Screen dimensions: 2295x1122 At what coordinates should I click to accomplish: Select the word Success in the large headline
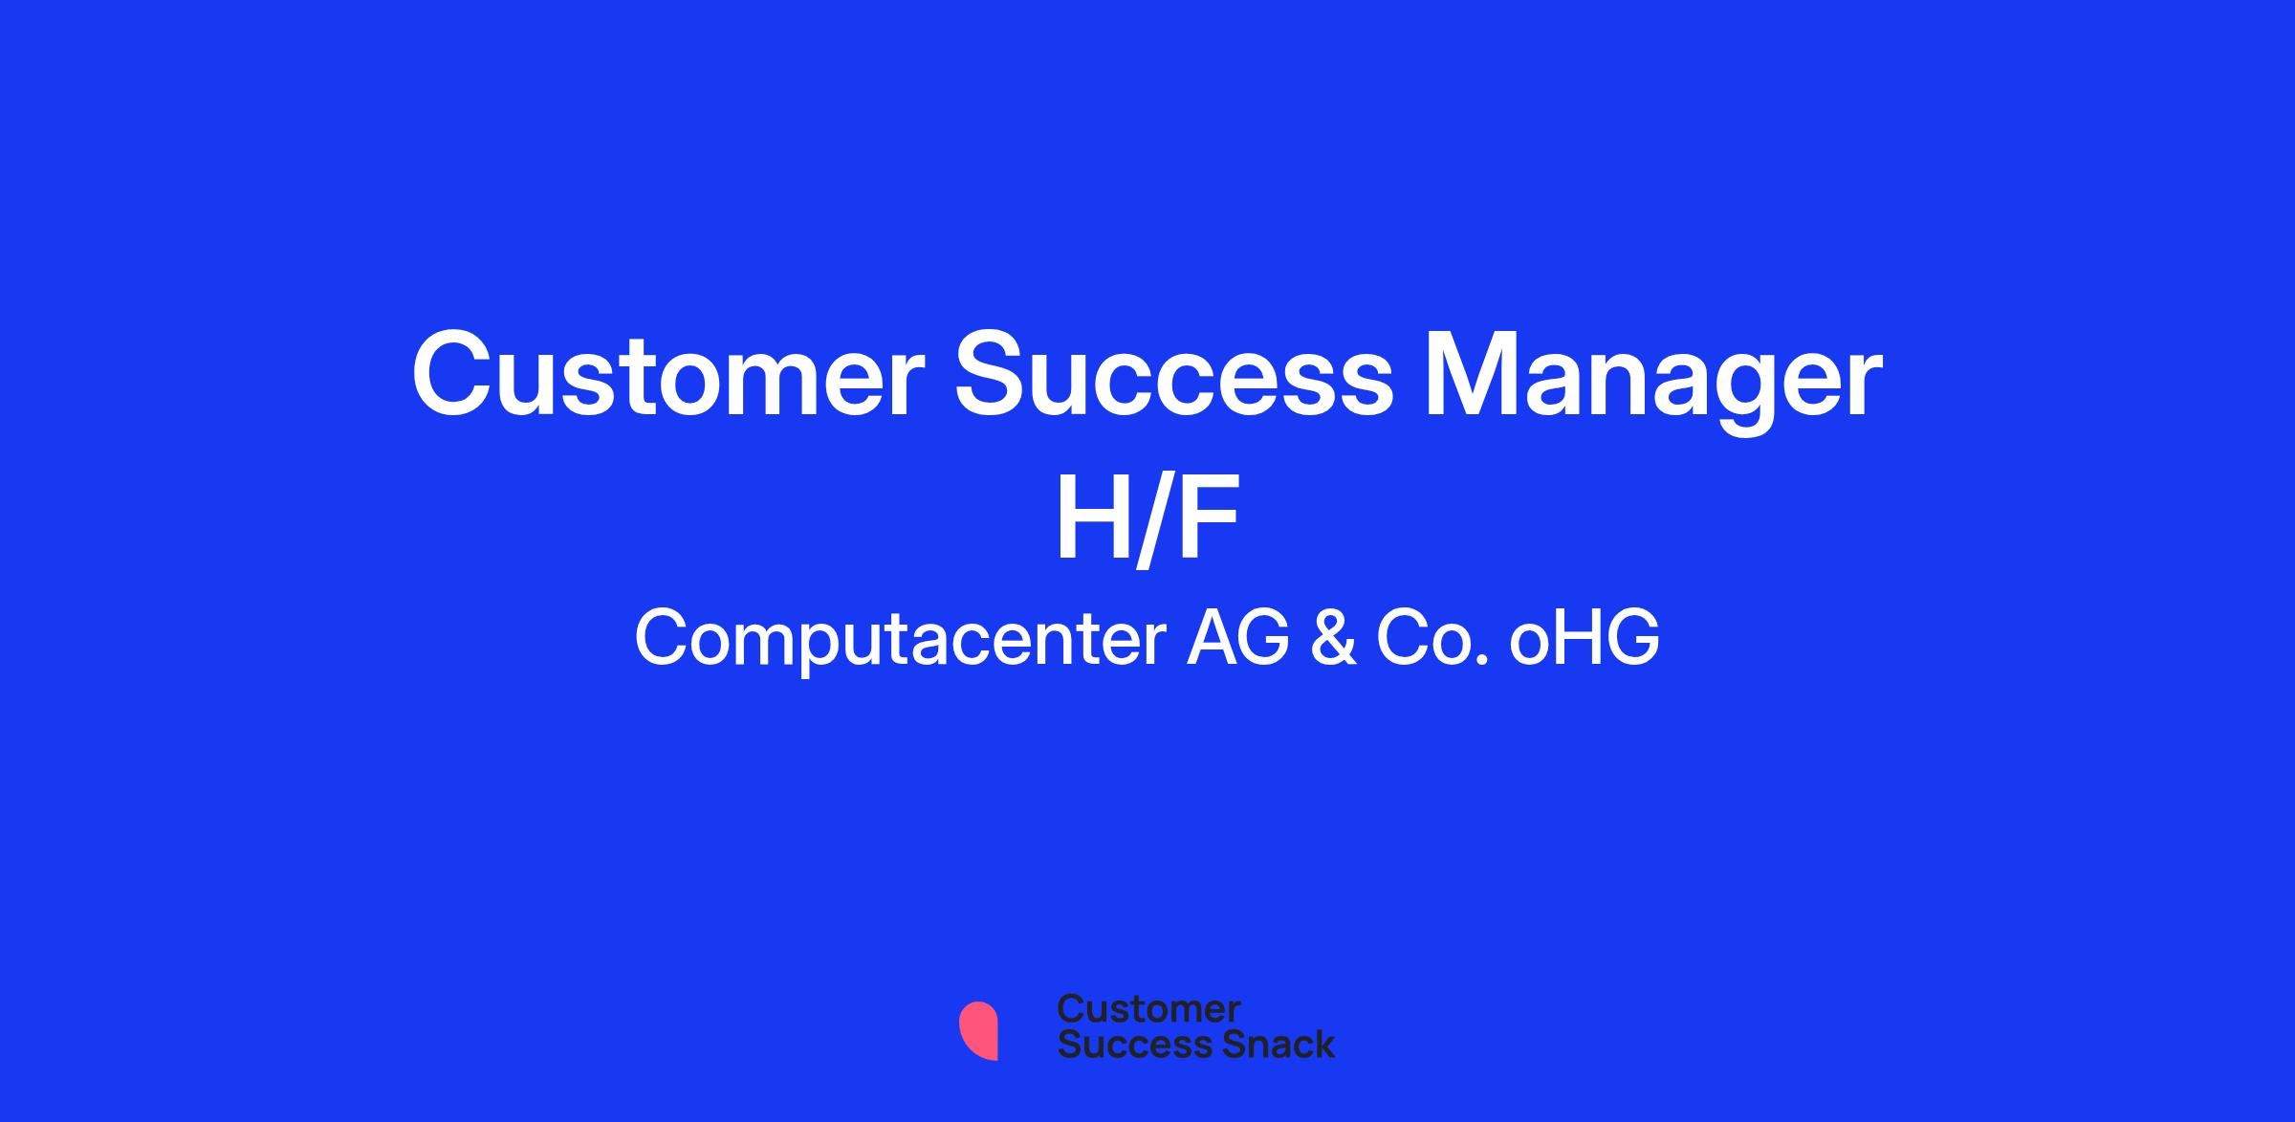pyautogui.click(x=1174, y=374)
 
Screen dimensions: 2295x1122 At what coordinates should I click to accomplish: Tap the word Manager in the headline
pyautogui.click(x=1653, y=382)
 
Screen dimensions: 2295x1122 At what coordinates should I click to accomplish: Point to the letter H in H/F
pyautogui.click(x=1089, y=520)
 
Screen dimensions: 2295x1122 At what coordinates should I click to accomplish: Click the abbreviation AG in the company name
pyautogui.click(x=1238, y=638)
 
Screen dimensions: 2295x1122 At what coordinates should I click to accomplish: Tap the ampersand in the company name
pyautogui.click(x=1333, y=638)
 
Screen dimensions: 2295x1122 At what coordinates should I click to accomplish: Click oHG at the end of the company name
pyautogui.click(x=1585, y=638)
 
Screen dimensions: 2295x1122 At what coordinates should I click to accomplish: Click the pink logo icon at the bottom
pyautogui.click(x=978, y=1030)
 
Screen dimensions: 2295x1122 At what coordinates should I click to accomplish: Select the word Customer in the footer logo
pyautogui.click(x=1148, y=1008)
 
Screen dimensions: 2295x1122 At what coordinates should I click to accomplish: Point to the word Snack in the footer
pyautogui.click(x=1265, y=1045)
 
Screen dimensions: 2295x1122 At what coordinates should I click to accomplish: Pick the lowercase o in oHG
pyautogui.click(x=1530, y=646)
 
